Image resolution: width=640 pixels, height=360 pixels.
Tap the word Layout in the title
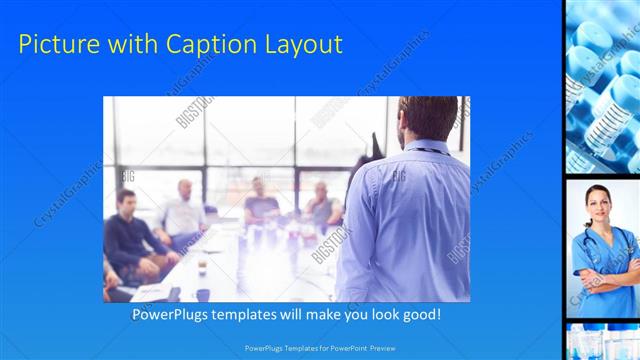pos(301,44)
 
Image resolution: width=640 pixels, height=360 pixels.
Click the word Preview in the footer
pos(397,348)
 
